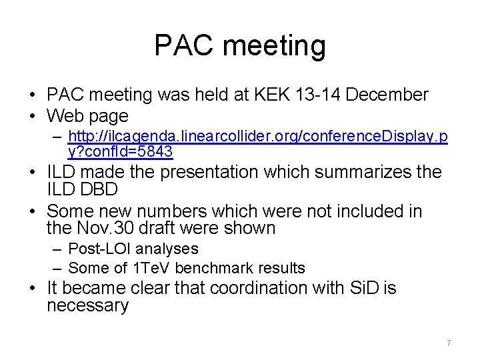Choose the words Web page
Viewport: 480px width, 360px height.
click(87, 115)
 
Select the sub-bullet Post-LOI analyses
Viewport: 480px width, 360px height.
click(133, 249)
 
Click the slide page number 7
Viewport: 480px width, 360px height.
click(449, 343)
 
